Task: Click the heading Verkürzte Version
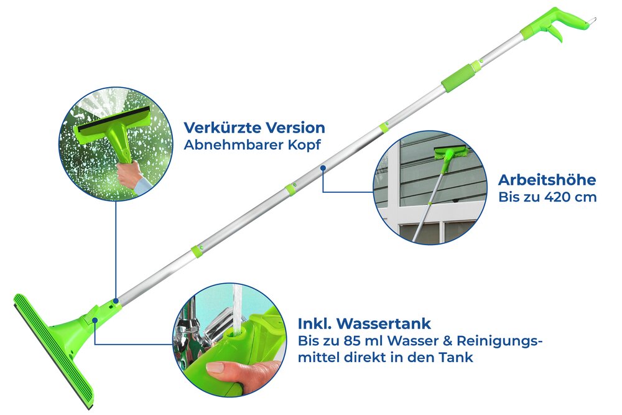tap(254, 128)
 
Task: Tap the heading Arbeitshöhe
tap(547, 180)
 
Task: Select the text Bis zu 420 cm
tap(547, 197)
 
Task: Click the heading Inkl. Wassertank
tap(364, 324)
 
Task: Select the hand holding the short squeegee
tap(129, 175)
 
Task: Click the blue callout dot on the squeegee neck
tap(95, 320)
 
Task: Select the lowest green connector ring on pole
tap(197, 250)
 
